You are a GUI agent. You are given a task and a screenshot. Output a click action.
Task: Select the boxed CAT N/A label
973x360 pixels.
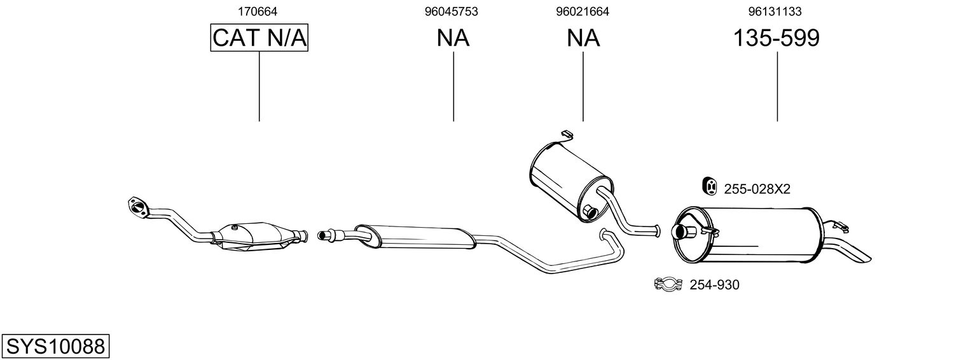point(259,38)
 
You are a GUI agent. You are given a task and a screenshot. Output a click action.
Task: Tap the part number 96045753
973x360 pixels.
point(452,11)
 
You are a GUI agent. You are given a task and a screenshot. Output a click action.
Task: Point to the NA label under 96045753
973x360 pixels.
point(453,38)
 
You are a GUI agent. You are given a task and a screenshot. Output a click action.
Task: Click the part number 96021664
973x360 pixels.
point(582,11)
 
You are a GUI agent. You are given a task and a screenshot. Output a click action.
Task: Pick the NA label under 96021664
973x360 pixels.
point(583,38)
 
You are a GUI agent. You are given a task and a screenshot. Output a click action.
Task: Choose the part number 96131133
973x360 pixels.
point(775,11)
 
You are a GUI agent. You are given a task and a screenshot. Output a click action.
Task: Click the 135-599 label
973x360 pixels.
point(776,38)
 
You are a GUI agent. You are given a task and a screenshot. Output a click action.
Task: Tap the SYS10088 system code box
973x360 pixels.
point(55,347)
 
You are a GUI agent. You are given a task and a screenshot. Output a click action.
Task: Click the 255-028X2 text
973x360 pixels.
point(757,189)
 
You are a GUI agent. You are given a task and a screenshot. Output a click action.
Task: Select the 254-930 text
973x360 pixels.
point(714,285)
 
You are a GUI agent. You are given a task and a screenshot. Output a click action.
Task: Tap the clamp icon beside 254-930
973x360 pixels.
point(667,284)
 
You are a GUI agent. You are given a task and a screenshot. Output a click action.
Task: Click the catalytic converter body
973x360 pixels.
point(251,236)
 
